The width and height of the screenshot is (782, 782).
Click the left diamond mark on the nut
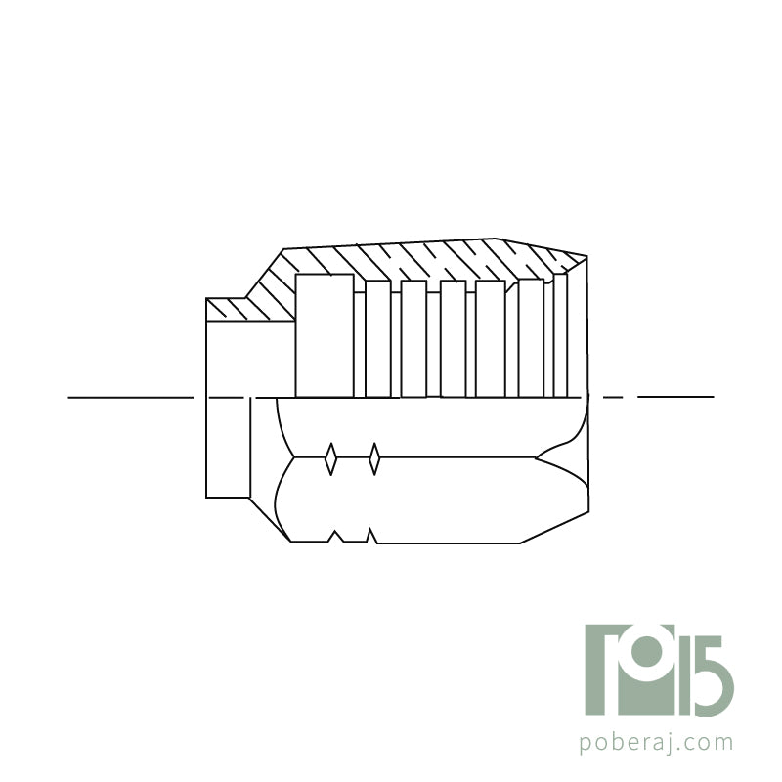(330, 457)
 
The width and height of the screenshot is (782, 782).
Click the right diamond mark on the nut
(374, 457)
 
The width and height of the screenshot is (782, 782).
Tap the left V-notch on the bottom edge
(335, 536)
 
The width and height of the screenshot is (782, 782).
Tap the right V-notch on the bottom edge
(371, 536)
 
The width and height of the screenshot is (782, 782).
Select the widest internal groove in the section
(325, 335)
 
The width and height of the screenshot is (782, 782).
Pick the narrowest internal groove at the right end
(560, 334)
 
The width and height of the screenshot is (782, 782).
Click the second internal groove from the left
(378, 338)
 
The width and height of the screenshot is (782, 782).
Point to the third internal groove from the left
(413, 338)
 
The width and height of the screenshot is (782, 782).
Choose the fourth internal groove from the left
(454, 338)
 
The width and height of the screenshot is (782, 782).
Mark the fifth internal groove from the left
(491, 338)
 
